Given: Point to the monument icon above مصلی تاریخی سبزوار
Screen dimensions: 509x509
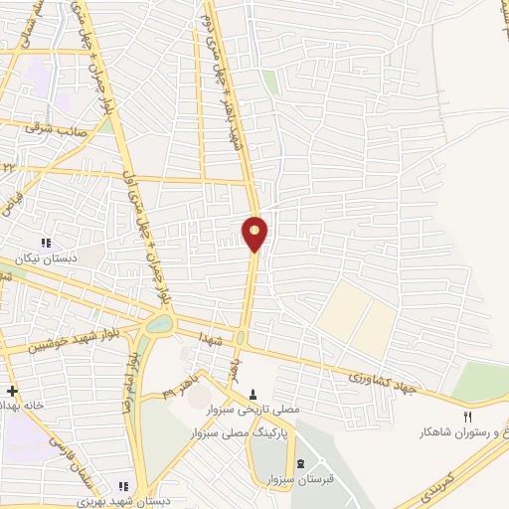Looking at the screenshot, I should pyautogui.click(x=254, y=394).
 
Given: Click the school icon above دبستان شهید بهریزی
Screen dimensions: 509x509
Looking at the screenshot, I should pyautogui.click(x=124, y=486).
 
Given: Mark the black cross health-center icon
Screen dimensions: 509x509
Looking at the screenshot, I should pyautogui.click(x=11, y=391).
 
